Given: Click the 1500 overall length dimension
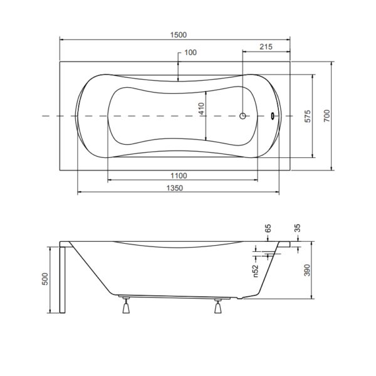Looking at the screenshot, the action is coord(179,35).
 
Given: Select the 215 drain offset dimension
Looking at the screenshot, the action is coord(266,47).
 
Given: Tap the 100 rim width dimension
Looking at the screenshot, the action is coord(191,53).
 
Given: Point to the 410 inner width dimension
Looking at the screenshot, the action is coord(202,108).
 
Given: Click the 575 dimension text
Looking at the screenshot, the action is coord(308,117).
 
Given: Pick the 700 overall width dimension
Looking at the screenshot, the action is coord(327,115).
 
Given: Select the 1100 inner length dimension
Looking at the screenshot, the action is coord(179,175).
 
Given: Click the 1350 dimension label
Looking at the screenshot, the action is coord(175,188).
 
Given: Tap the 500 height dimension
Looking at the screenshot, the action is coord(45,279).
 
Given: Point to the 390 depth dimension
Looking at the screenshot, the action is coord(307,270).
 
